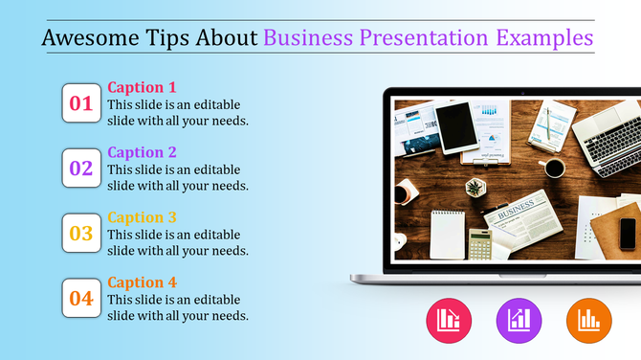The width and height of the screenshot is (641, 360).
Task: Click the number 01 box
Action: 81,103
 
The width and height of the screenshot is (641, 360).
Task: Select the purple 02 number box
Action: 81,169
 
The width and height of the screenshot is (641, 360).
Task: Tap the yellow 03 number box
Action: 81,233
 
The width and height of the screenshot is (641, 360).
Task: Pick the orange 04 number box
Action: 81,298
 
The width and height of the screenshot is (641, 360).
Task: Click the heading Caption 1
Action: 142,87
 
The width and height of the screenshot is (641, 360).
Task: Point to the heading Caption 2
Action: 142,152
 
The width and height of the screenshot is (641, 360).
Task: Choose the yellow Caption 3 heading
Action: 142,217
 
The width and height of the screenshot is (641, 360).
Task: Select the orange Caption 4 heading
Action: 142,282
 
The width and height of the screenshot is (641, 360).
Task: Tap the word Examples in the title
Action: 544,37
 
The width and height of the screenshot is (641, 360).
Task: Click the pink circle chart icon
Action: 448,320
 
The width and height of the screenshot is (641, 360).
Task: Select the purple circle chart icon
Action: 519,320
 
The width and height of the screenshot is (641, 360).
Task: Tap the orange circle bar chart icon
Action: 589,320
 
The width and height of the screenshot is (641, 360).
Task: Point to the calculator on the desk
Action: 479,244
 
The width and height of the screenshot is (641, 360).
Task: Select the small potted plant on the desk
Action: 475,187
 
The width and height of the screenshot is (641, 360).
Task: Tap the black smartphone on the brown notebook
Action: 628,233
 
